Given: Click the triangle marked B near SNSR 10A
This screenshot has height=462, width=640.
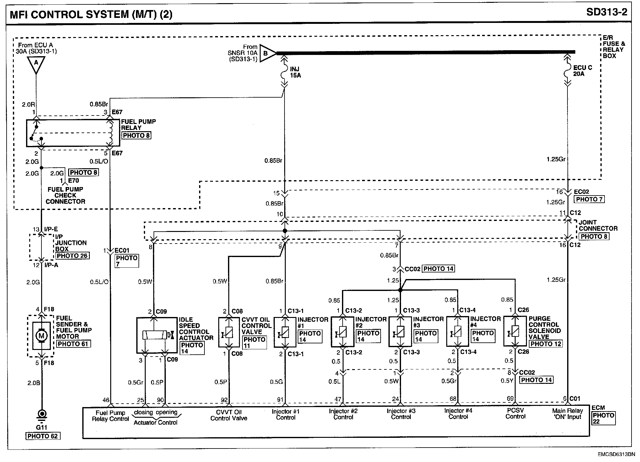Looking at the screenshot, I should click(267, 53).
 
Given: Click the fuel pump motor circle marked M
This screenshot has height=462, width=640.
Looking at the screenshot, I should click(41, 336).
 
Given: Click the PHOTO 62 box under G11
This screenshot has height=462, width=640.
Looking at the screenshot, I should click(42, 436).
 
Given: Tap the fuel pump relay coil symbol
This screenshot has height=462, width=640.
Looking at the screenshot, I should click(111, 133).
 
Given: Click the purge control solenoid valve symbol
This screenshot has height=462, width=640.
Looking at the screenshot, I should click(515, 332).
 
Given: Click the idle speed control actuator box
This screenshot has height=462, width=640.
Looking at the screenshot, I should click(156, 335).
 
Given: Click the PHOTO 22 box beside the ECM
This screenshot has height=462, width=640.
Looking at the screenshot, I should click(603, 418).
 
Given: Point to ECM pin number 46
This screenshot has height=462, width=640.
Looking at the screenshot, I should click(106, 400).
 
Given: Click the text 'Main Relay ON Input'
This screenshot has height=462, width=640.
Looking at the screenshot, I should click(567, 414).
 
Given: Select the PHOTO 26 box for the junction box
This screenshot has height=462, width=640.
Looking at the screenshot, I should click(73, 255).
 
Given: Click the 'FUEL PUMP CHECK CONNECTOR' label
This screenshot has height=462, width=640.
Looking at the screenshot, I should click(65, 195).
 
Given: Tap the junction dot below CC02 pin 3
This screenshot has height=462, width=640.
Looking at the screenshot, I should click(400, 290).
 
